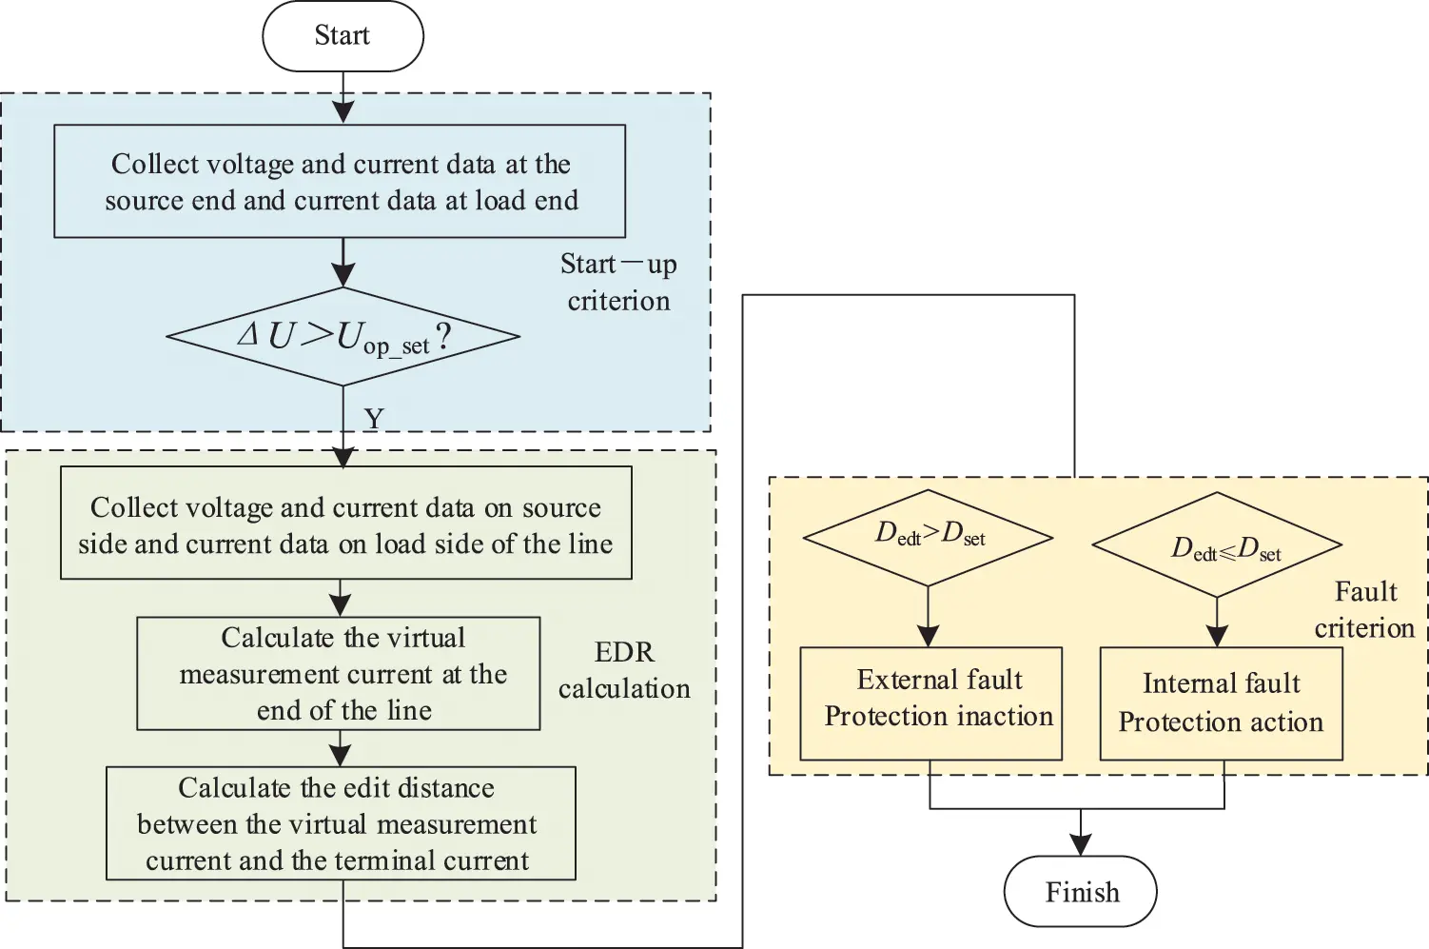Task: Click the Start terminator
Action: (343, 36)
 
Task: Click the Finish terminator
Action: (1081, 892)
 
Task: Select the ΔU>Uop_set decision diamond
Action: (343, 336)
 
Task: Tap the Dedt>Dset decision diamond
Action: (928, 537)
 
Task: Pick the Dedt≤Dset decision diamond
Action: (1217, 545)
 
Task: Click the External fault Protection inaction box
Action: (930, 703)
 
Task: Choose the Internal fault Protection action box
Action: (1221, 703)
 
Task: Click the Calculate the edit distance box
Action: (341, 823)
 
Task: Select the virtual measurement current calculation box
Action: (339, 674)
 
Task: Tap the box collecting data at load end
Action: (340, 181)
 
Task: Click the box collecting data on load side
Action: (345, 523)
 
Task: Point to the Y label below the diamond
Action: (374, 419)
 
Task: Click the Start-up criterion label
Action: (618, 283)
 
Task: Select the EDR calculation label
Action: (624, 670)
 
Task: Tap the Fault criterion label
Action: (1365, 610)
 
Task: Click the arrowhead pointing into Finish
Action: (1081, 844)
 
